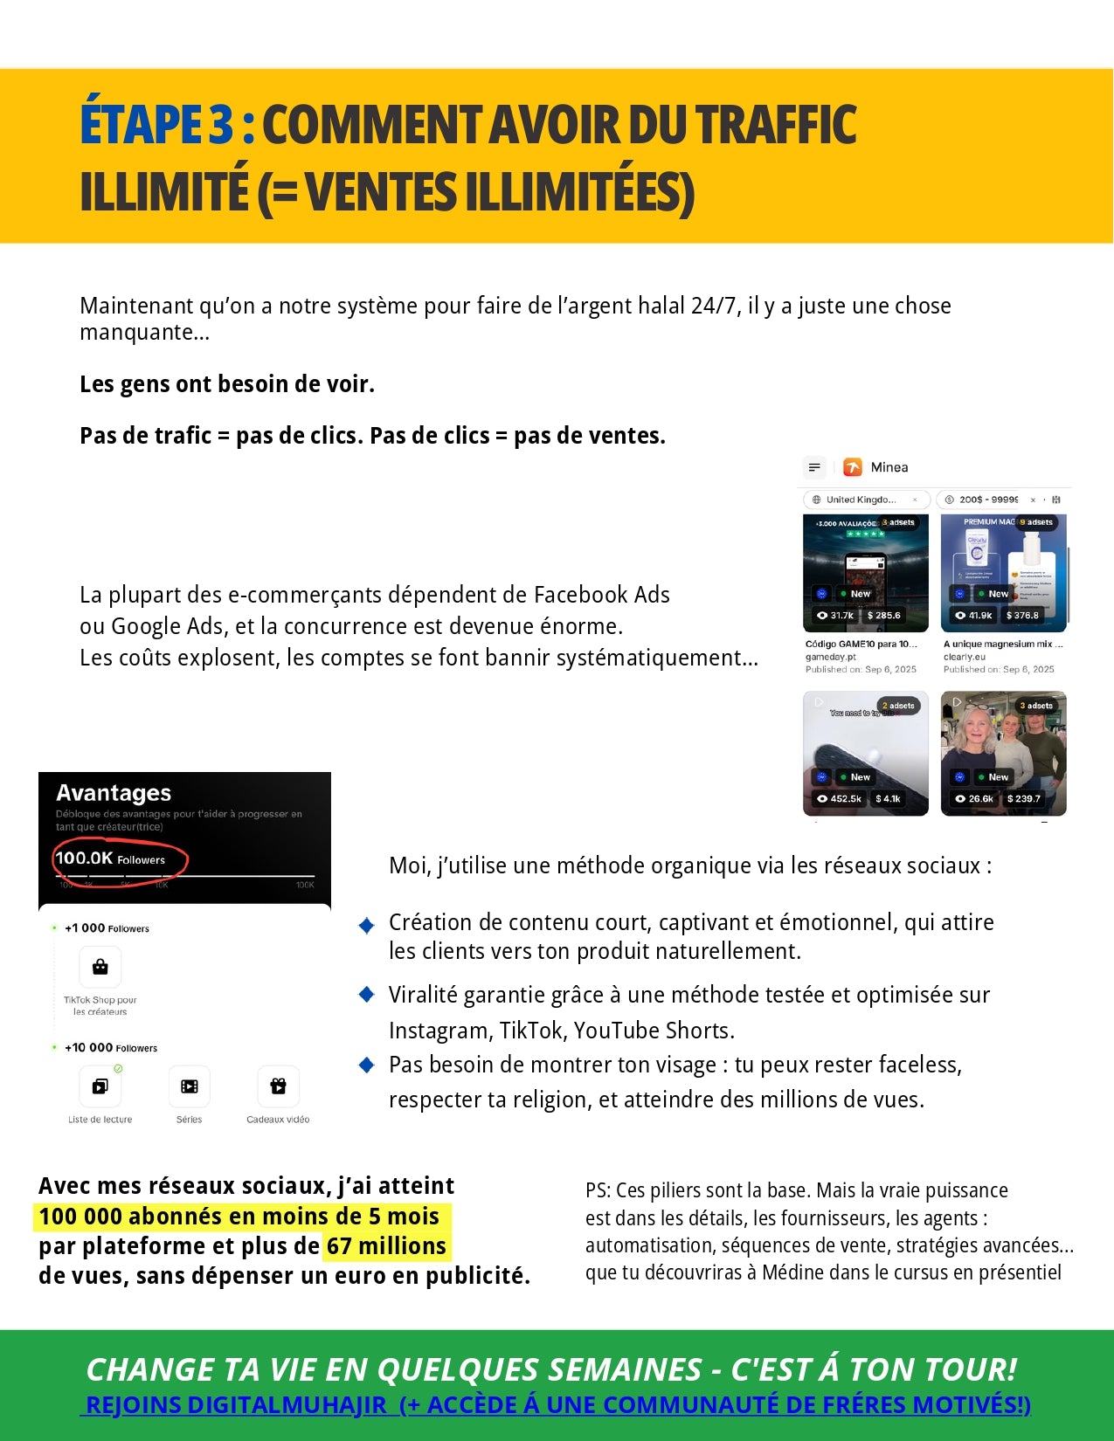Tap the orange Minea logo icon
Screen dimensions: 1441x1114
[852, 467]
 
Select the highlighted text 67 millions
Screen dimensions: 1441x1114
[385, 1246]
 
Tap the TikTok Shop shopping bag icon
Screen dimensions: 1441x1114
[100, 967]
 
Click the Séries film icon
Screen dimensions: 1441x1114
[189, 1086]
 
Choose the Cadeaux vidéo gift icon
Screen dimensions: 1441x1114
[278, 1086]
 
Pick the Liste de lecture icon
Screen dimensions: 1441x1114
[100, 1086]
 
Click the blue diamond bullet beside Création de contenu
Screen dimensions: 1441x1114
[367, 926]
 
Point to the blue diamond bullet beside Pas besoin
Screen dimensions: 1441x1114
[367, 1065]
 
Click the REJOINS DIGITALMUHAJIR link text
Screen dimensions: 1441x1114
[236, 1405]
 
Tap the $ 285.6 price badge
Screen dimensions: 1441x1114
[883, 616]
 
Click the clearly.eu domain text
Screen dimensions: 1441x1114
[964, 657]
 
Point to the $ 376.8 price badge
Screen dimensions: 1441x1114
[1022, 616]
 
